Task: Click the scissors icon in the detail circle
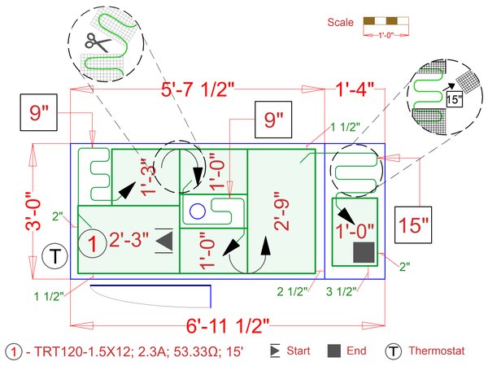98,42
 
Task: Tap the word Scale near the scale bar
340,23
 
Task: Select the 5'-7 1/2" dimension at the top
198,89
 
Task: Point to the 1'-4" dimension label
354,89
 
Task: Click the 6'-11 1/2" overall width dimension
227,325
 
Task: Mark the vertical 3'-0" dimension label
33,211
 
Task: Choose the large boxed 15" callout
413,224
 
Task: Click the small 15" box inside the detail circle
454,99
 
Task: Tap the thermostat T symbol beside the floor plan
54,256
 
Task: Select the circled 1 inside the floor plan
92,243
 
